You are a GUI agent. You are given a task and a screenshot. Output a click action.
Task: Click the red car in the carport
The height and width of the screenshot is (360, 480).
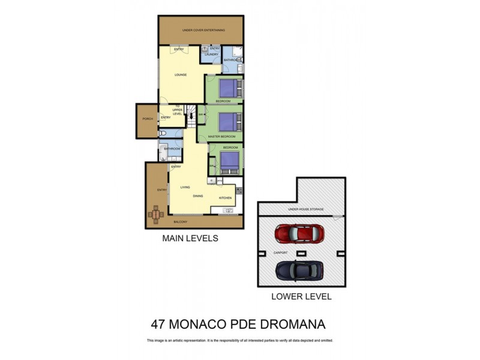298,233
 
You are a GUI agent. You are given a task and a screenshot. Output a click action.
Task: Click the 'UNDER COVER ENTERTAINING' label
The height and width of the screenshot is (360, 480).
203,29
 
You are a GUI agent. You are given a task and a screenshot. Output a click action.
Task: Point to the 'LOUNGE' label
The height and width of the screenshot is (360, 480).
181,75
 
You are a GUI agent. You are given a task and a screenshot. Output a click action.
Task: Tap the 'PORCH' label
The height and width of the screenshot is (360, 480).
147,119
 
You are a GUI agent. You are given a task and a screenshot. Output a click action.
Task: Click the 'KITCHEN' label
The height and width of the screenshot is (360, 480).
225,197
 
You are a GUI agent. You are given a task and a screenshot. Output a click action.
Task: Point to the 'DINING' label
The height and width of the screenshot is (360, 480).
198,196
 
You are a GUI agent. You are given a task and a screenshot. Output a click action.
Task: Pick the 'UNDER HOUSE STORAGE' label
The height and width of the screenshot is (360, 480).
306,209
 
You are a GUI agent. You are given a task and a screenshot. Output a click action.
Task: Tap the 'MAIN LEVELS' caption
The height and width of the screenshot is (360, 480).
190,239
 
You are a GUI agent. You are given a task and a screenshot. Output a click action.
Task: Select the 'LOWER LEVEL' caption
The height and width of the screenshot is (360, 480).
301,296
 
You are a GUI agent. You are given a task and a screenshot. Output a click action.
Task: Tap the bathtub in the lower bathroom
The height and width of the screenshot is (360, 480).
163,155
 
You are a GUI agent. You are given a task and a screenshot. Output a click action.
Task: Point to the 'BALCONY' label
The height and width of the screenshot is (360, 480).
180,222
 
